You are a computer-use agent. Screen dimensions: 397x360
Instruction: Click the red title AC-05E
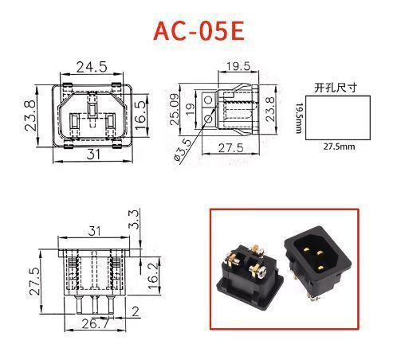click(198, 31)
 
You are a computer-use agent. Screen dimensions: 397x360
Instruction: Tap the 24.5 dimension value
click(92, 67)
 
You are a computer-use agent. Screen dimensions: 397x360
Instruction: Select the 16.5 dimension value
click(141, 115)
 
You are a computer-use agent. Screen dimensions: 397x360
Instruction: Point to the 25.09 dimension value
click(175, 109)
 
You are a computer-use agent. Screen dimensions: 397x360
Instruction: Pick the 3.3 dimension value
click(134, 219)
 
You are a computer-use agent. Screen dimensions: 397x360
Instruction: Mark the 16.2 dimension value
click(154, 276)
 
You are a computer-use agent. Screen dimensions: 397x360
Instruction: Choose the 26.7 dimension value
click(96, 323)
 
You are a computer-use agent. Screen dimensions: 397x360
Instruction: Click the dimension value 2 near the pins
click(136, 311)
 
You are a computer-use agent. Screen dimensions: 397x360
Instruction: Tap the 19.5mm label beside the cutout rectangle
click(299, 119)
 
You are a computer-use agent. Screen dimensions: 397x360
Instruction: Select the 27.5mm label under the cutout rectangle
click(339, 147)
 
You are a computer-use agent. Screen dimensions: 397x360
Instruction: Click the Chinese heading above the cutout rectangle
click(336, 88)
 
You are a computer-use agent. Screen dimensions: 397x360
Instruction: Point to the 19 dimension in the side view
click(190, 109)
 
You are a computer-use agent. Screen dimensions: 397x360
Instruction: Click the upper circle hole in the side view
click(208, 100)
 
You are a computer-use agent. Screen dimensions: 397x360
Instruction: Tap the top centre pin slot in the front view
click(92, 110)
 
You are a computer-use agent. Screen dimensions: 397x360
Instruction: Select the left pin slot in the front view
click(74, 121)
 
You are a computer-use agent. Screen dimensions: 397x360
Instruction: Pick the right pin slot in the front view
click(110, 121)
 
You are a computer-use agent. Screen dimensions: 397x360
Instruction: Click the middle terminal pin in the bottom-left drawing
click(95, 305)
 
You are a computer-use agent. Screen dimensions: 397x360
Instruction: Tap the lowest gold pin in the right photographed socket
click(321, 268)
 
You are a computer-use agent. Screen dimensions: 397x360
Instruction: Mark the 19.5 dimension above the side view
click(238, 66)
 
